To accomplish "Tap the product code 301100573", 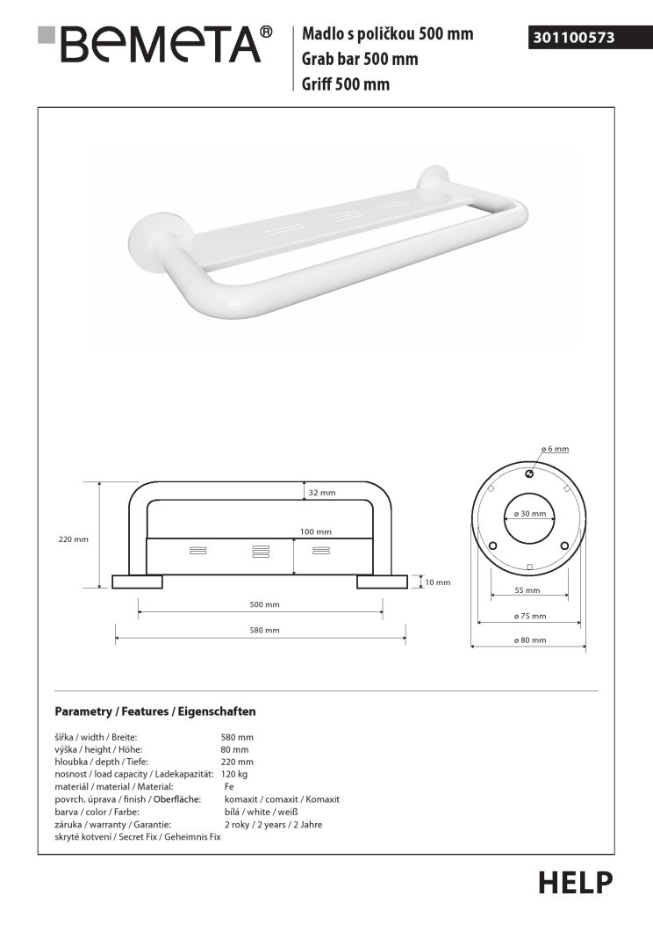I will coord(572,38).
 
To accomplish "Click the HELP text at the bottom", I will coord(575,882).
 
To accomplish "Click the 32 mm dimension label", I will coord(322,493).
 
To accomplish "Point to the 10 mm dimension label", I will coord(437,582).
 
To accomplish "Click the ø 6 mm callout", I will coord(555,449).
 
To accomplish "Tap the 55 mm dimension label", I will coord(528,590).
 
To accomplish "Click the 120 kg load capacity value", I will coord(235,774).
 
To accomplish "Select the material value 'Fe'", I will coord(229,787).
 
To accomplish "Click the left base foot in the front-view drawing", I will coord(138,582).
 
